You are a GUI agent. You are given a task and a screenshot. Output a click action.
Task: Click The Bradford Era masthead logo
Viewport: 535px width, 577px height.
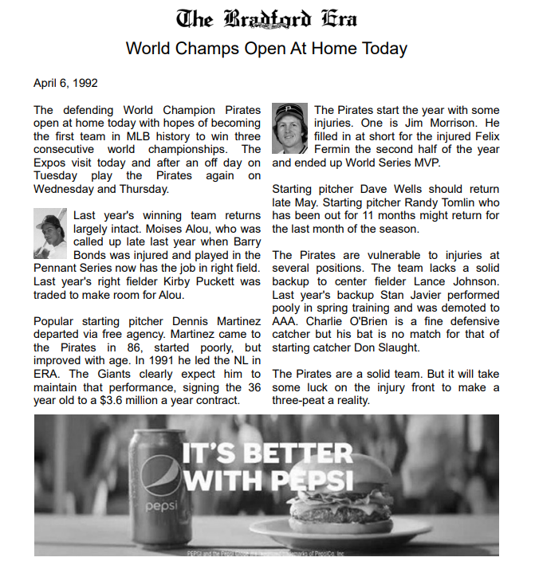pyautogui.click(x=267, y=18)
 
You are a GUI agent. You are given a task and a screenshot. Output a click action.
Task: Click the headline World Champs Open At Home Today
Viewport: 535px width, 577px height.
pyautogui.click(x=267, y=48)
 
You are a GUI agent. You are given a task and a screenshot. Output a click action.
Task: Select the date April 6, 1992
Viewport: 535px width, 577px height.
pyautogui.click(x=66, y=83)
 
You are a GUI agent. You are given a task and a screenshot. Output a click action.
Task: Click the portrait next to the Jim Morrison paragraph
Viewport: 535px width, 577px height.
pyautogui.click(x=289, y=128)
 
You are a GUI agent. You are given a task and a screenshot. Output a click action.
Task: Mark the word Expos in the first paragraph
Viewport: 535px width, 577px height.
pyautogui.click(x=49, y=163)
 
